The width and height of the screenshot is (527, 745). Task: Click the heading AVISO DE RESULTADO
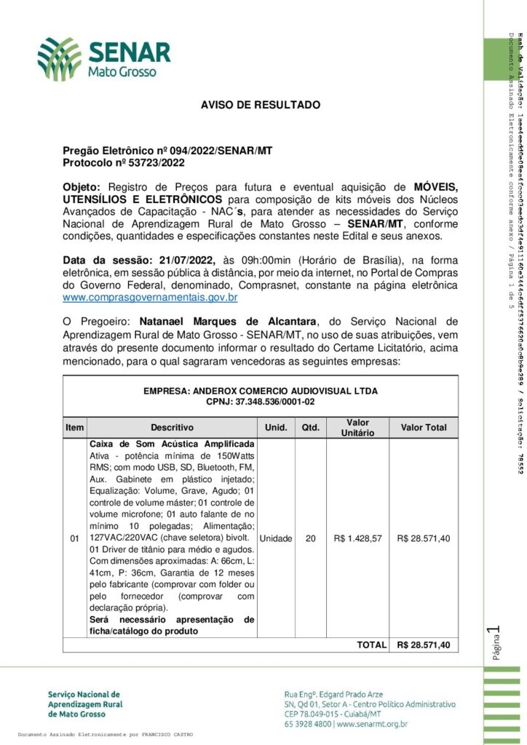pyautogui.click(x=260, y=105)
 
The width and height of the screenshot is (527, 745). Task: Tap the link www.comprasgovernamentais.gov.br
pyautogui.click(x=140, y=298)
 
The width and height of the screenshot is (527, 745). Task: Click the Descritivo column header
pyautogui.click(x=172, y=428)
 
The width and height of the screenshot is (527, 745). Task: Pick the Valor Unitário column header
pyautogui.click(x=357, y=428)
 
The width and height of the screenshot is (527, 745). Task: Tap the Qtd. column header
pyautogui.click(x=312, y=428)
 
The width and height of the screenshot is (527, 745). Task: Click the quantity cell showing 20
pyautogui.click(x=311, y=539)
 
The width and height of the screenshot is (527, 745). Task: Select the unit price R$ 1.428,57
pyautogui.click(x=357, y=539)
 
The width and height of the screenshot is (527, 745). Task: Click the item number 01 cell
pyautogui.click(x=74, y=539)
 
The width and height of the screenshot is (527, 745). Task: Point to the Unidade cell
pyautogui.click(x=276, y=539)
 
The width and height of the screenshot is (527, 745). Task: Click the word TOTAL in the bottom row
pyautogui.click(x=371, y=645)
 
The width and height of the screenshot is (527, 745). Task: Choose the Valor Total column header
pyautogui.click(x=424, y=428)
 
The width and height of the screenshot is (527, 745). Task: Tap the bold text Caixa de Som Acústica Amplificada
pyautogui.click(x=172, y=444)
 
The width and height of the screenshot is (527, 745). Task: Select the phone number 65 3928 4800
pyautogui.click(x=308, y=725)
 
